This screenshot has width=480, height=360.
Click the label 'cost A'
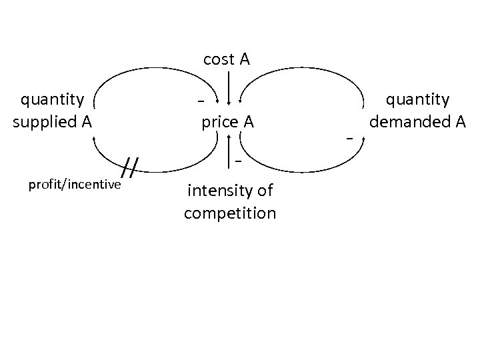coord(227,60)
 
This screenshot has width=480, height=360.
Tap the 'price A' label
coord(227,123)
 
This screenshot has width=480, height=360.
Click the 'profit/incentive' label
coord(75,184)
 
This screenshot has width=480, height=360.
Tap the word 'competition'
coord(230,213)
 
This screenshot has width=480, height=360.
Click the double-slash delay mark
coord(132,169)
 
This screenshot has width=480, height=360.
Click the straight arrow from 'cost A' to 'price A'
coord(230,87)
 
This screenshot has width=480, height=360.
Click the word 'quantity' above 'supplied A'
coord(53,100)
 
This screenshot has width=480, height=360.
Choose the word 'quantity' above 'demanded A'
coord(418,100)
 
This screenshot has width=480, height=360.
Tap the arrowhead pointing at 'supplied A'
coord(95,137)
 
